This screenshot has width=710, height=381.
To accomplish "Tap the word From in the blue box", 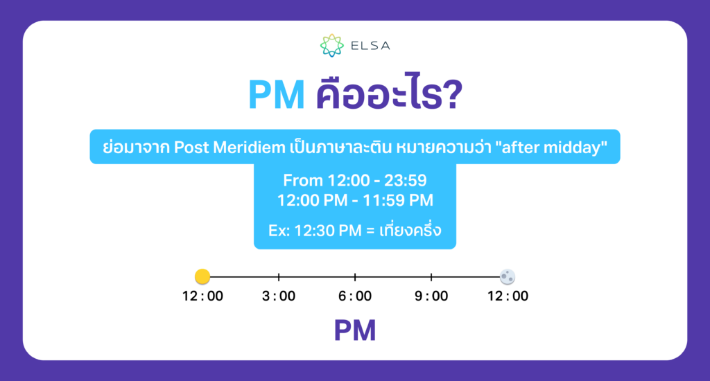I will [302, 181].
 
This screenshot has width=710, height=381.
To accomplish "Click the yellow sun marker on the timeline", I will [202, 276].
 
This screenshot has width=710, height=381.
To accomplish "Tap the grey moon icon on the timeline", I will [508, 276].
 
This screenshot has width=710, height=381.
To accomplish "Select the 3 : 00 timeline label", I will [279, 296].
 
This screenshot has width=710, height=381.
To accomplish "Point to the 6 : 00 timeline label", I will [355, 296].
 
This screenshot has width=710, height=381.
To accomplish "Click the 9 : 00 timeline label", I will [431, 296].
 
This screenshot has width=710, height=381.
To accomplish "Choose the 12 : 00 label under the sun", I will [202, 296].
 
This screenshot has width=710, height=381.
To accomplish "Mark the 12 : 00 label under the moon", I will [508, 296].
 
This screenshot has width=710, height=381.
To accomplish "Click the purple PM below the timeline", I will [355, 330].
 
